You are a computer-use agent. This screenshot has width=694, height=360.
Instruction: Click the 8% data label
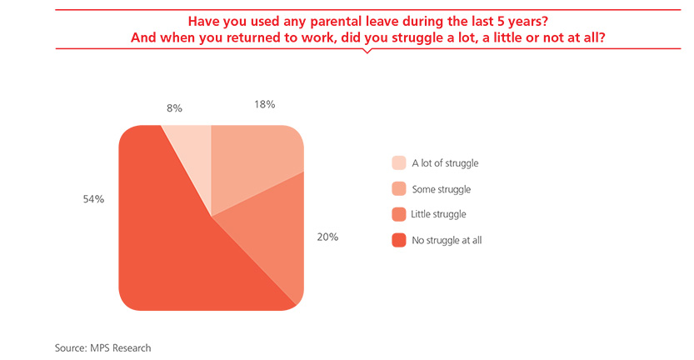click(x=174, y=108)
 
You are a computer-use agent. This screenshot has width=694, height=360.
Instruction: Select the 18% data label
click(x=265, y=104)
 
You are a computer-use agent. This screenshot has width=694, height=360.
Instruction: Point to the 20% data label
click(x=327, y=237)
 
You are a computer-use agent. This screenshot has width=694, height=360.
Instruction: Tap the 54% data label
click(x=93, y=199)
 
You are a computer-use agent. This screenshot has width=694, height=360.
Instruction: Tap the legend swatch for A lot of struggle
click(x=399, y=163)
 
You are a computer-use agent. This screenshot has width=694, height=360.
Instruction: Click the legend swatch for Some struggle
click(x=399, y=188)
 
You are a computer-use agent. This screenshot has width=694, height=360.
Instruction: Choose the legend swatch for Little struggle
click(x=399, y=214)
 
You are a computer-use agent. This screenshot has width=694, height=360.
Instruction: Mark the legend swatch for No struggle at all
click(x=399, y=240)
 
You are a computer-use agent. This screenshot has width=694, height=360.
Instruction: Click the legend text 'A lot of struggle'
click(x=445, y=163)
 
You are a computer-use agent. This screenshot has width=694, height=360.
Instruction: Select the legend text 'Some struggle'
click(x=442, y=189)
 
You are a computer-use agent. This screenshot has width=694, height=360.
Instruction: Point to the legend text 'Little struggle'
click(x=438, y=214)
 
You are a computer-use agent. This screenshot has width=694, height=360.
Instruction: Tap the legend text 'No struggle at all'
click(x=447, y=241)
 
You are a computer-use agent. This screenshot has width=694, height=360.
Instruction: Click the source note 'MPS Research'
click(x=120, y=348)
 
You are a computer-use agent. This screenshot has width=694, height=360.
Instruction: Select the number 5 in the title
click(x=501, y=22)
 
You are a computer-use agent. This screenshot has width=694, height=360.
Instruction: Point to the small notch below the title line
click(x=367, y=51)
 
